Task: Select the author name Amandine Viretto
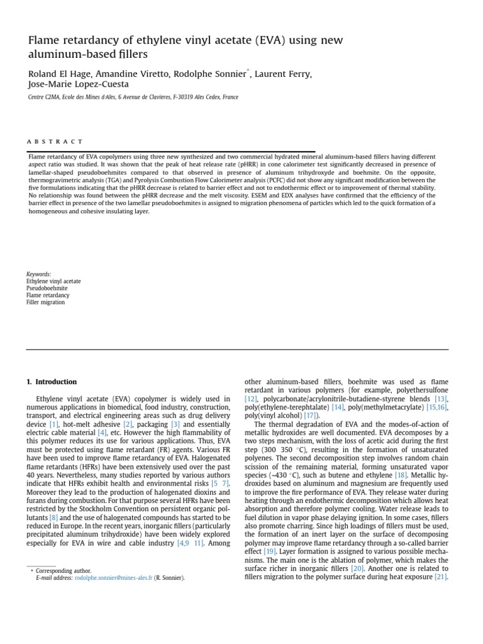(x=130, y=74)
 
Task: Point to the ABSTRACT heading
(x=55, y=142)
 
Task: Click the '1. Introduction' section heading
(x=52, y=382)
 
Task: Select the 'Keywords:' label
(x=38, y=274)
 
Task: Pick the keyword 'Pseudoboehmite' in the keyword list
(x=47, y=288)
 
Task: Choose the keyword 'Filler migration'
(x=45, y=302)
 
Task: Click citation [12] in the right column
(x=251, y=399)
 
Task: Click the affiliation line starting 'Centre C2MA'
(x=133, y=97)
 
